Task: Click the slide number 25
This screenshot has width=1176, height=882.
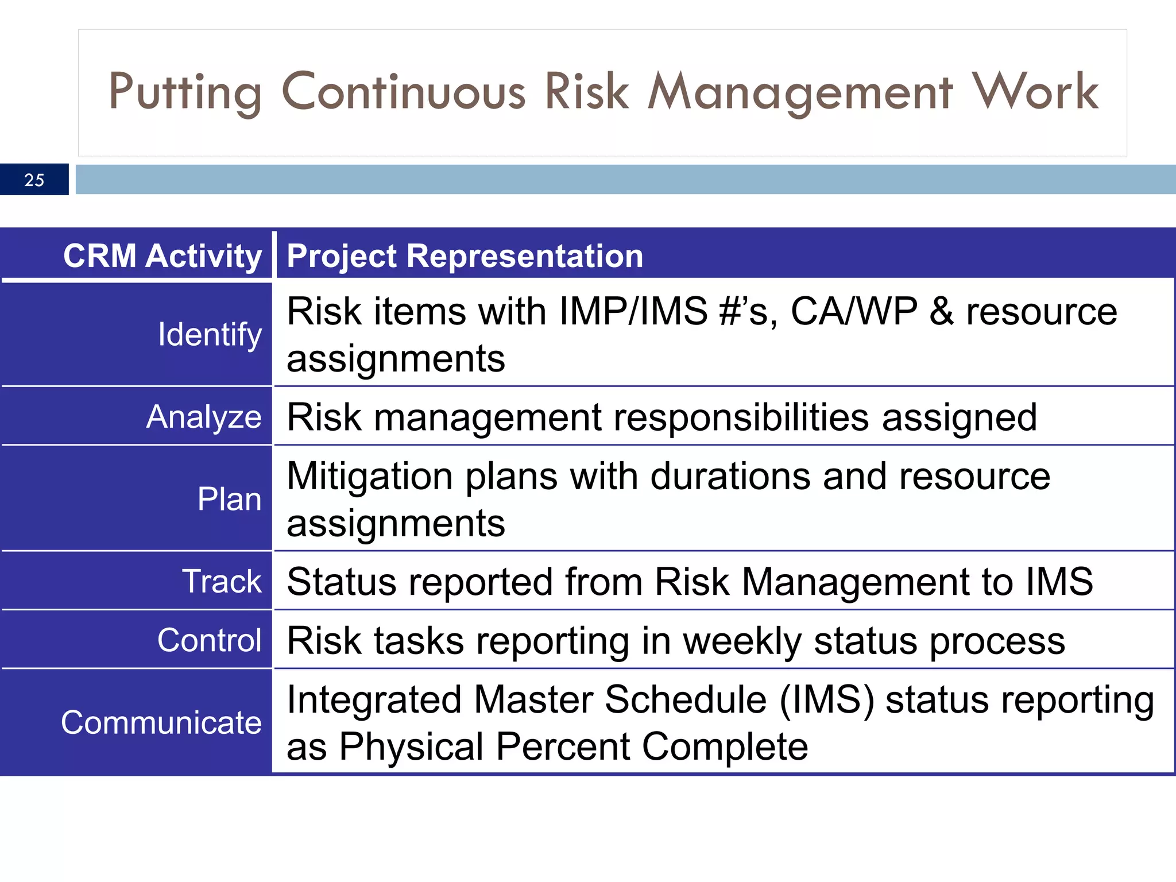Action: (x=34, y=180)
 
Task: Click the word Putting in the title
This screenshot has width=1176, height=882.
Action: (x=185, y=92)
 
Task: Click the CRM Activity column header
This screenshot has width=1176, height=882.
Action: (x=163, y=256)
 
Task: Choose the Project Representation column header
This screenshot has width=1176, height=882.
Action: (x=465, y=256)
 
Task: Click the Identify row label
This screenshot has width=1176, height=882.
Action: (x=210, y=334)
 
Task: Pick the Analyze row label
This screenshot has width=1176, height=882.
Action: (x=204, y=416)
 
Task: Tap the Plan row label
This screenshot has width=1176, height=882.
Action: (x=229, y=498)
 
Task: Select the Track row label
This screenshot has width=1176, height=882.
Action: (x=222, y=581)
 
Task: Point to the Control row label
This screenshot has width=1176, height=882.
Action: (x=209, y=640)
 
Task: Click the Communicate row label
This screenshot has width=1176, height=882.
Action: (x=161, y=722)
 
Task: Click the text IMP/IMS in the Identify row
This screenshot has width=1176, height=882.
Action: (x=633, y=311)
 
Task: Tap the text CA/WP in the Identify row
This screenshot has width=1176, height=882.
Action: (x=854, y=311)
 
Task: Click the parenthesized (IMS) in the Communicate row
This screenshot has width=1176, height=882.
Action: (x=827, y=700)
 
